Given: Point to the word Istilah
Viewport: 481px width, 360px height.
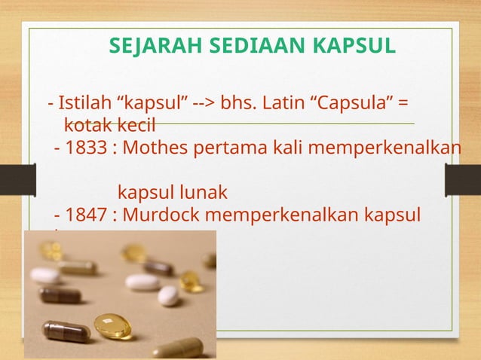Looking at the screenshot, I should click(82, 102).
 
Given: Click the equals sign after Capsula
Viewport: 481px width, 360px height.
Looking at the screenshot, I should click(403, 102).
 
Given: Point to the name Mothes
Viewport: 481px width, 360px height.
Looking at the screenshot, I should click(155, 146).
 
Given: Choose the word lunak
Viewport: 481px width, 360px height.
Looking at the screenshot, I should click(196, 192).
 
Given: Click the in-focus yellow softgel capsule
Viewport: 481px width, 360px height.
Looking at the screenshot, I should click(112, 326).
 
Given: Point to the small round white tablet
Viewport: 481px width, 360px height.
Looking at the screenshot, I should click(168, 296).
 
